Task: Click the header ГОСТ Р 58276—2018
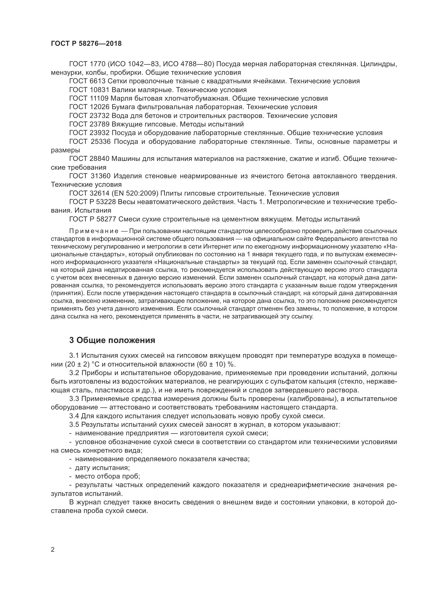point(86,44)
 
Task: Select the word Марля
point(120,99)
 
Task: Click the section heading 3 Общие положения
point(112,340)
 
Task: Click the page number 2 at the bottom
point(53,550)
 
